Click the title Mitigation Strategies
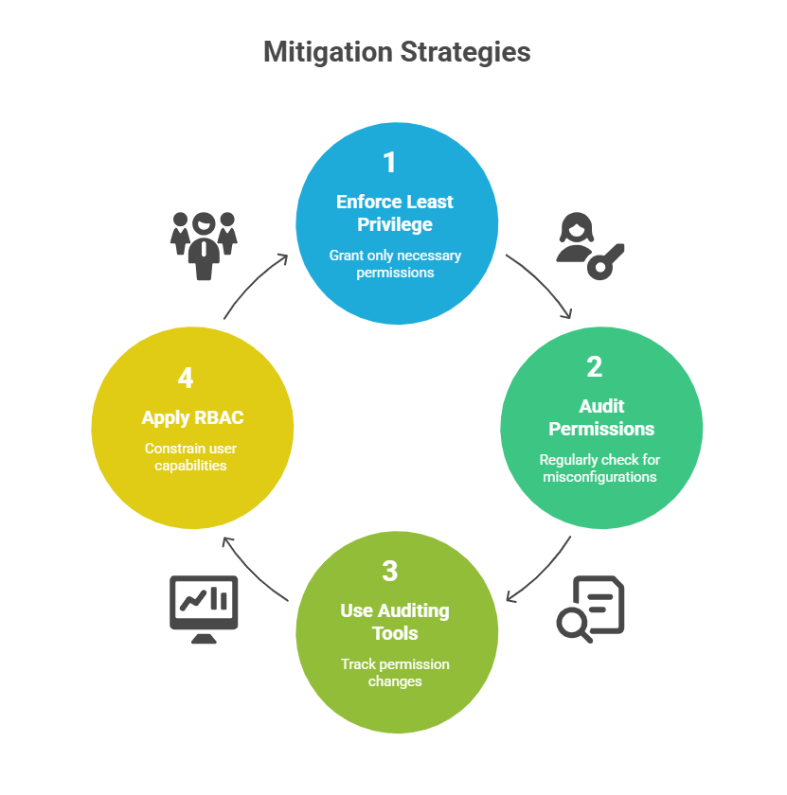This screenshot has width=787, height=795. click(x=397, y=51)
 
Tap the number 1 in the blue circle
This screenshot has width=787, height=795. click(x=389, y=163)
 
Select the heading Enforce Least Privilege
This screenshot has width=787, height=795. click(x=395, y=213)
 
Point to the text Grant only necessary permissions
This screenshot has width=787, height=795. click(x=395, y=264)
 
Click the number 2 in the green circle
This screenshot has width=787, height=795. click(x=594, y=366)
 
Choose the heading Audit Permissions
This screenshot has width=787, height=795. click(x=601, y=417)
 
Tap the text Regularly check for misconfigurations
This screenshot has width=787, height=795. click(x=599, y=468)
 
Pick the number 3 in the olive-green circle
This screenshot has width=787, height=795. click(x=389, y=571)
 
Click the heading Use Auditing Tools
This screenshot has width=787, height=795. click(x=395, y=621)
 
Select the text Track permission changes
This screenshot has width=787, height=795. click(x=395, y=672)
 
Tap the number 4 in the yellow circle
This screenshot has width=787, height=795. click(x=186, y=378)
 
